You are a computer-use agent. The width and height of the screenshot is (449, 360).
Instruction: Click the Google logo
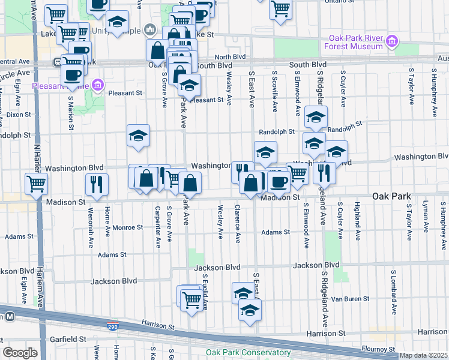(x=20, y=353)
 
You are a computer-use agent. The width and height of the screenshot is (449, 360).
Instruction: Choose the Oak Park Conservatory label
(x=248, y=353)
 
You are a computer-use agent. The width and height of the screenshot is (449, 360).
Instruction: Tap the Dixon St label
(x=19, y=114)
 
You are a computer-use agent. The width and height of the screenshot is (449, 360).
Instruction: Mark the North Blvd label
(x=231, y=57)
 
